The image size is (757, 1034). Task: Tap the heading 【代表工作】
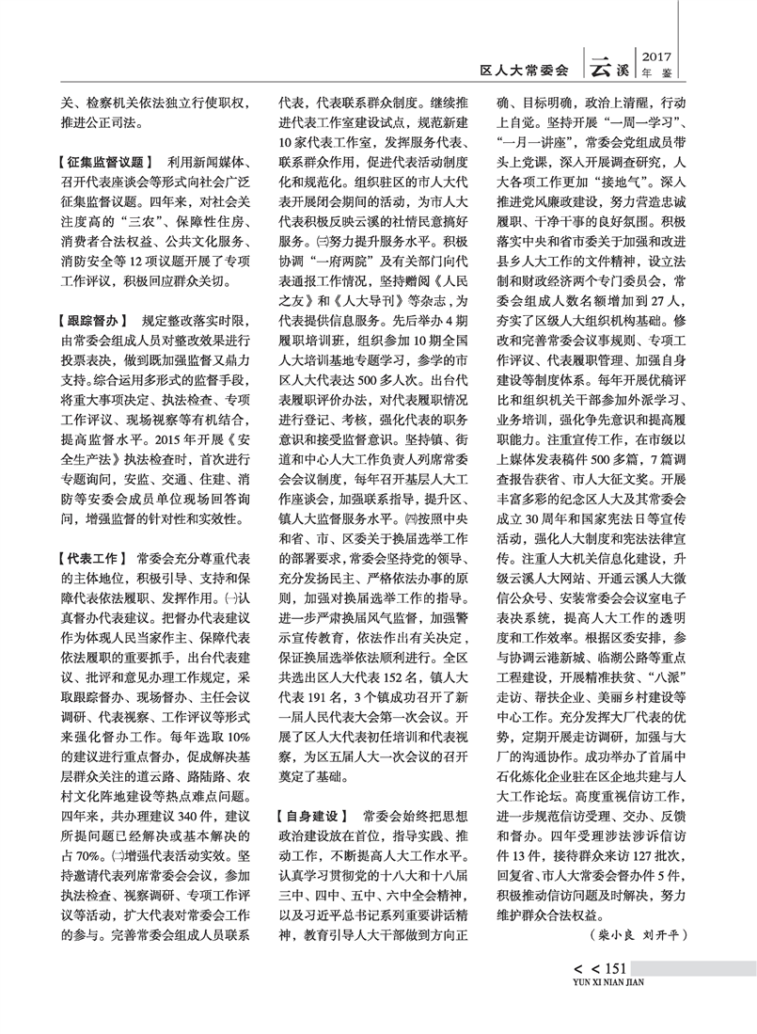tap(91, 558)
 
